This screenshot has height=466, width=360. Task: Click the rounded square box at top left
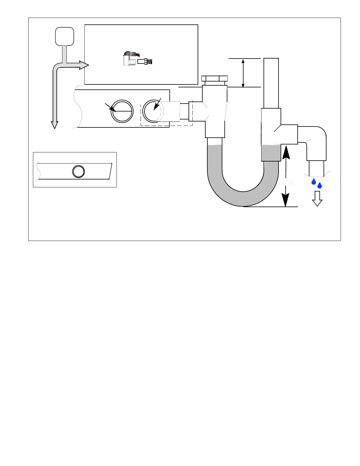pos(65,36)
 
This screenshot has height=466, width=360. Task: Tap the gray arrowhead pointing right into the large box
pos(84,65)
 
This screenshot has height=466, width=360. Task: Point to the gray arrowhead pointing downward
pos(54,125)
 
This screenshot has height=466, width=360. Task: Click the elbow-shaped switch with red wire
pos(129,59)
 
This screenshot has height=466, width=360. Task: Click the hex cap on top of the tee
pos(214,79)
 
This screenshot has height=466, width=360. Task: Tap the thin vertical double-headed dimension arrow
pos(243,73)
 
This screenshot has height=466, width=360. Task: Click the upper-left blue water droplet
pos(314,182)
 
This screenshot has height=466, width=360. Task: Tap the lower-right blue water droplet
pos(320,185)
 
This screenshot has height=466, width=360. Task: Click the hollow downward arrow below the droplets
pos(317,199)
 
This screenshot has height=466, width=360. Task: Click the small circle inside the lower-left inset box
pos(79,171)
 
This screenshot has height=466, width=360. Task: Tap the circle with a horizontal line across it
pos(122,111)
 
